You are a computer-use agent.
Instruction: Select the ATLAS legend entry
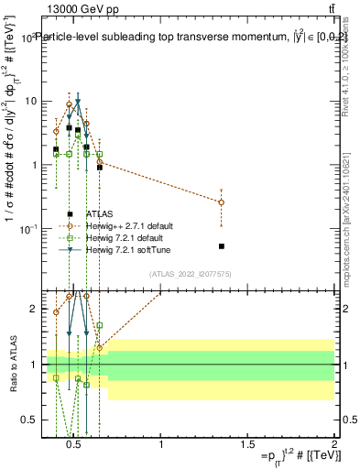[x=125, y=213]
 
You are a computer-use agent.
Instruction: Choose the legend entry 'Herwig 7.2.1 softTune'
[x=142, y=249]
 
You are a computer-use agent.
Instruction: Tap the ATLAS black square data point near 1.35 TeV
[x=222, y=246]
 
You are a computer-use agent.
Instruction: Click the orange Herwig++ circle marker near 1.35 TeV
[x=222, y=202]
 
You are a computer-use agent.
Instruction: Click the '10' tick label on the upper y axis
[x=30, y=101]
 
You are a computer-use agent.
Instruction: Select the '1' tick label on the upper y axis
[x=33, y=165]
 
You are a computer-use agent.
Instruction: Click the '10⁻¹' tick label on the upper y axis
[x=27, y=228]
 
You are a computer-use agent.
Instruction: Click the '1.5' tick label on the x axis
[x=247, y=445]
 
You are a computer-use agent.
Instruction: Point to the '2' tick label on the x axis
[x=333, y=445]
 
